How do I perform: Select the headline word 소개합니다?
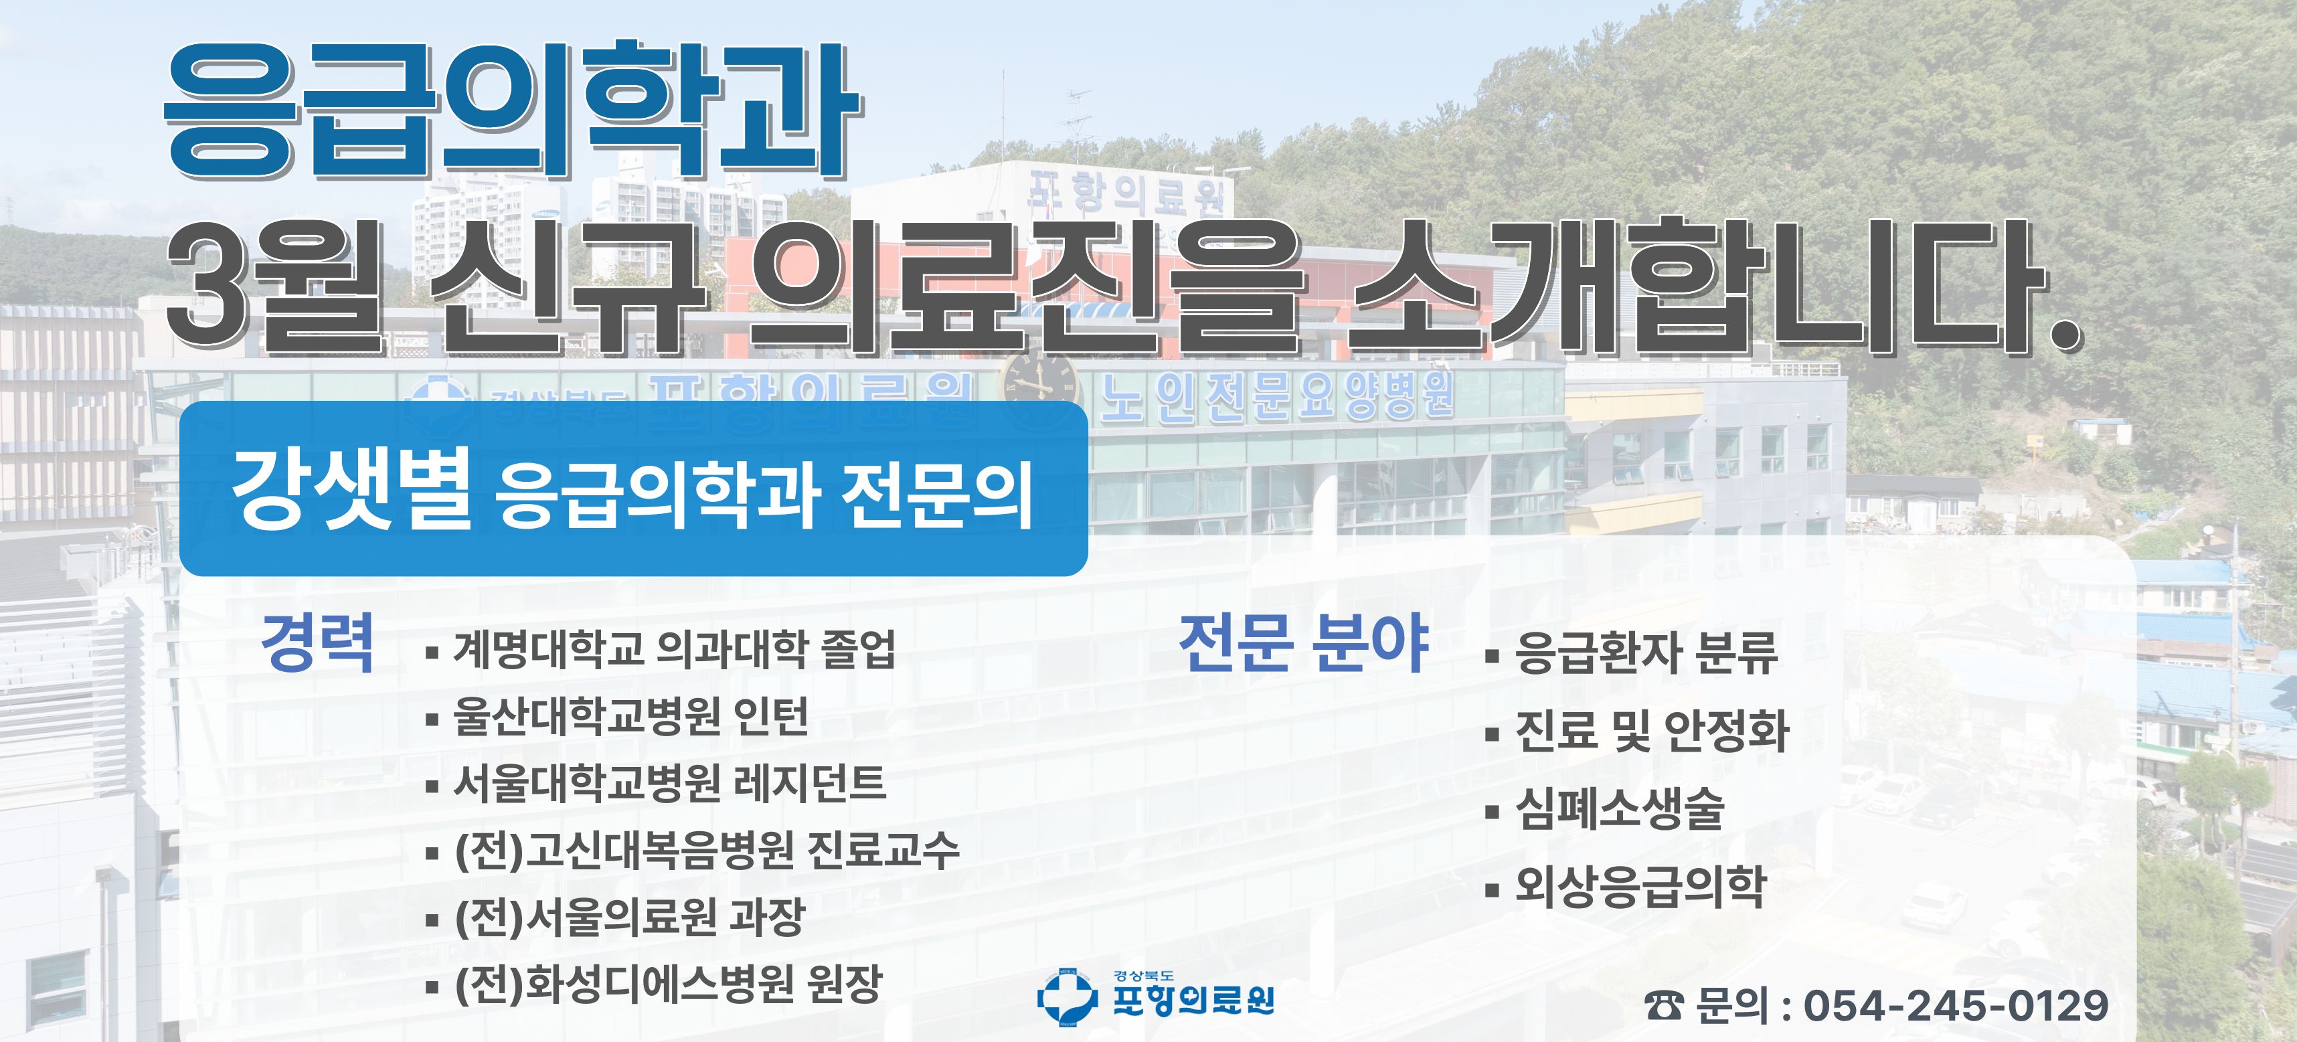click(x=1713, y=285)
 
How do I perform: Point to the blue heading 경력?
click(x=317, y=642)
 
